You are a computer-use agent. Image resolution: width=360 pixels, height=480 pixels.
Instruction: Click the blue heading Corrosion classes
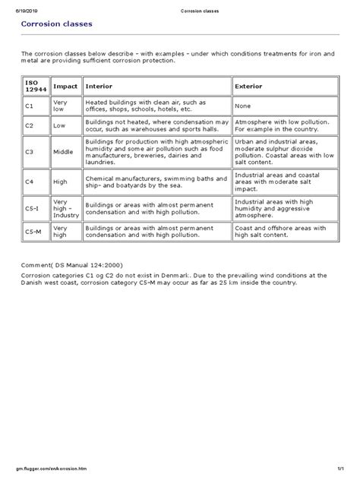point(57,25)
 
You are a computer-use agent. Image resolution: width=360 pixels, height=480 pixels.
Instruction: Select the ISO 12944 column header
point(33,86)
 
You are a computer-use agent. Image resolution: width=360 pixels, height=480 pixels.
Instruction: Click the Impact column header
point(65,86)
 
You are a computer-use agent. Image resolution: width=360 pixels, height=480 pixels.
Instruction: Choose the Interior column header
point(102,86)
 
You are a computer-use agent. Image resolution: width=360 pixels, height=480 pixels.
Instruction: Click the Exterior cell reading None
point(244,107)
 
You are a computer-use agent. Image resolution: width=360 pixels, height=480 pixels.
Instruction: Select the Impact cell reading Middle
point(64,152)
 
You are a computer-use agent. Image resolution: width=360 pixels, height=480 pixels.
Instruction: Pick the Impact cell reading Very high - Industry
point(65,207)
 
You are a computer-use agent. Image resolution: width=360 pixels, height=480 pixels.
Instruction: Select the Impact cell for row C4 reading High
point(61,182)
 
